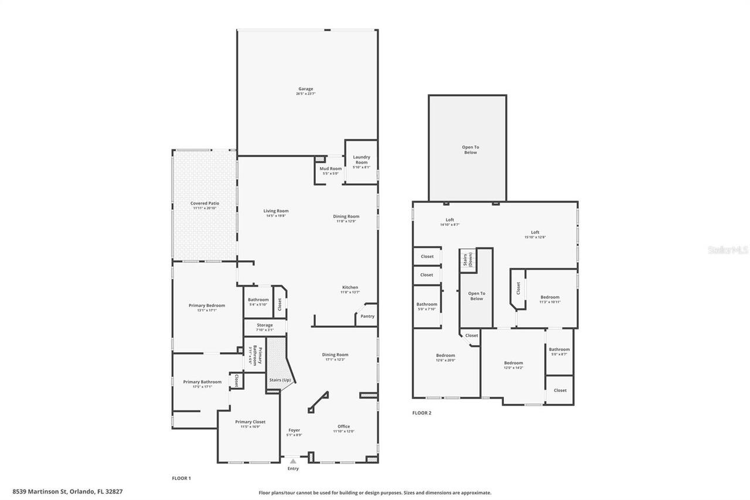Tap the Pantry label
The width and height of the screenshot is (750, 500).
click(367, 316)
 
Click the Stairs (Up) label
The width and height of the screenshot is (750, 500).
click(280, 380)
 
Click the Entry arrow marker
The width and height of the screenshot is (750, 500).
click(293, 461)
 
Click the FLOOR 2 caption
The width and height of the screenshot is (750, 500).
click(421, 413)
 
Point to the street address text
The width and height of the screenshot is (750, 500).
click(67, 492)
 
